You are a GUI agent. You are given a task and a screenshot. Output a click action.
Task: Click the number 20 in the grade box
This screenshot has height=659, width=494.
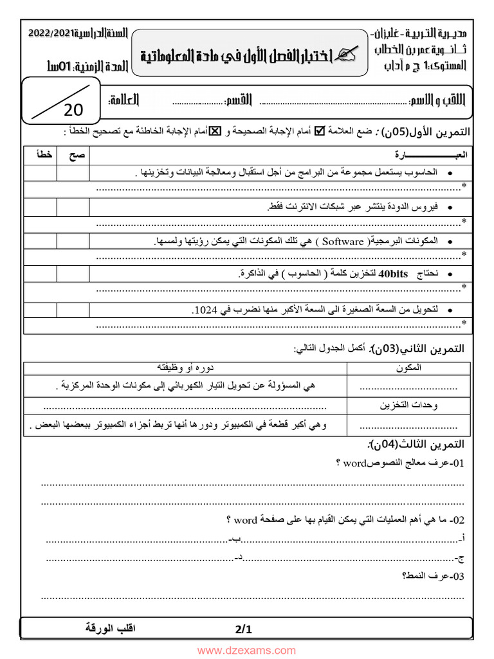point(74,110)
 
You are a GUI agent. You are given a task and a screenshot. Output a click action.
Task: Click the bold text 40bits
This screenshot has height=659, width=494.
point(394,275)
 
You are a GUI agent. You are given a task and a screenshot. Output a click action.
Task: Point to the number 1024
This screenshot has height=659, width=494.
point(204,310)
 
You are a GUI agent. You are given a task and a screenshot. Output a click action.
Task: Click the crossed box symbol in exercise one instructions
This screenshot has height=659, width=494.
point(216,132)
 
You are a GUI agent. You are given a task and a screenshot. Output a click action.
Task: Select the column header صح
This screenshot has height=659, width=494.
point(72,156)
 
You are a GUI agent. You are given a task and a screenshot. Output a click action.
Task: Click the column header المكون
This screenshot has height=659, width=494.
point(410,367)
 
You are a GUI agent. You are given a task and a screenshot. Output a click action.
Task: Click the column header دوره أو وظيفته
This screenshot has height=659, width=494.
point(186,367)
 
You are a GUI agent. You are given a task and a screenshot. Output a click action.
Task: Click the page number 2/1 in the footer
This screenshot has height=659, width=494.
point(244,630)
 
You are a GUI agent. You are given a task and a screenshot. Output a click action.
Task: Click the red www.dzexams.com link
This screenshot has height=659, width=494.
point(247,651)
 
